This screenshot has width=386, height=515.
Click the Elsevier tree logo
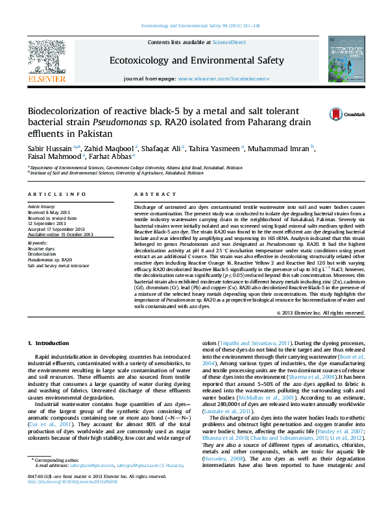(x=46, y=59)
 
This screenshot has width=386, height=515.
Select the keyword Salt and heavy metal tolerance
(x=58, y=265)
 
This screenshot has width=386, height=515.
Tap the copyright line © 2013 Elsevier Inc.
(x=320, y=313)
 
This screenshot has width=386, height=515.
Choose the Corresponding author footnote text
(x=55, y=477)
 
